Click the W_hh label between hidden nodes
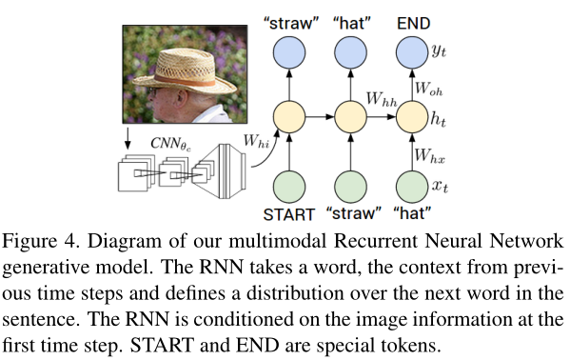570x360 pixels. pyautogui.click(x=383, y=98)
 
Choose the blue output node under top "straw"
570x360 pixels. pyautogui.click(x=288, y=55)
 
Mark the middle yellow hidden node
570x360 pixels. pyautogui.click(x=348, y=119)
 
